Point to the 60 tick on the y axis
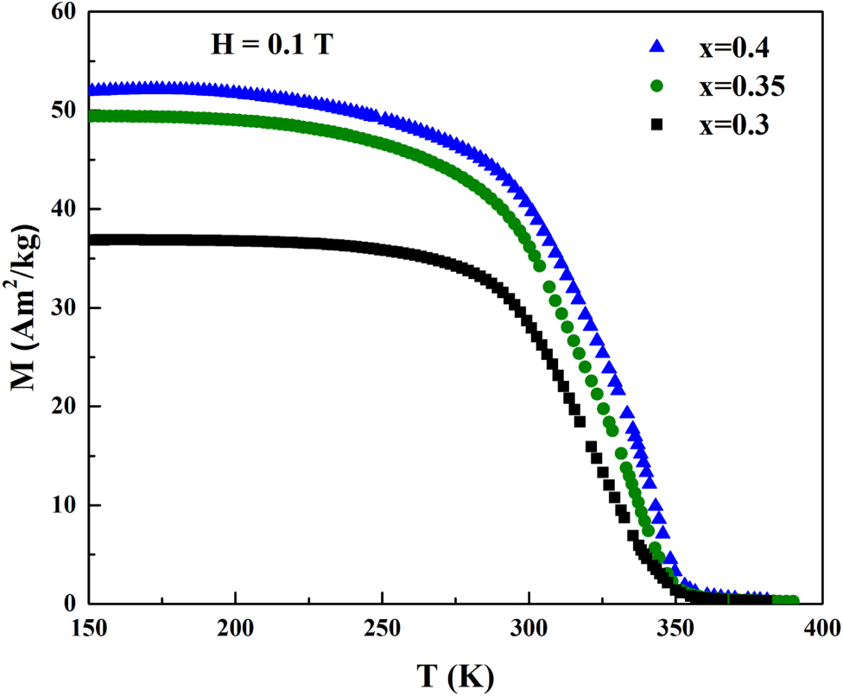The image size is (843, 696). pos(65,13)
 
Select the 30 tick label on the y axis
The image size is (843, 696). pos(65,308)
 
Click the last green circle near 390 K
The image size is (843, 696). pos(792,600)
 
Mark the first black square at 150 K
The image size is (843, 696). pos(94,240)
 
